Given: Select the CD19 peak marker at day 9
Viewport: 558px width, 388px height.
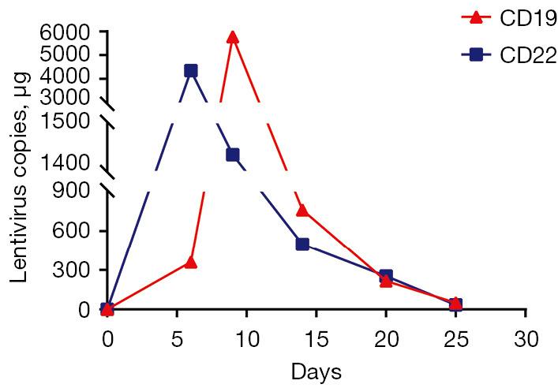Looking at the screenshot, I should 232,37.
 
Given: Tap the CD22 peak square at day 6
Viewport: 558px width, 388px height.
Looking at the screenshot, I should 190,71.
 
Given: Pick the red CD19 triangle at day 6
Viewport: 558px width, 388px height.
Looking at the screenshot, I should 190,262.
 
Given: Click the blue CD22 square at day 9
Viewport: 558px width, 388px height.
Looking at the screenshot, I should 232,155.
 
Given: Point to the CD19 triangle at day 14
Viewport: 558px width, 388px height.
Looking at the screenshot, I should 301,210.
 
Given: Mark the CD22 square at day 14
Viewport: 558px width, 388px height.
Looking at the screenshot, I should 301,244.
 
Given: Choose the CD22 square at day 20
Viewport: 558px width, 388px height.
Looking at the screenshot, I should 386,276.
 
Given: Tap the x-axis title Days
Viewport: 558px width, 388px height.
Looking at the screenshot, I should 316,371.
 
